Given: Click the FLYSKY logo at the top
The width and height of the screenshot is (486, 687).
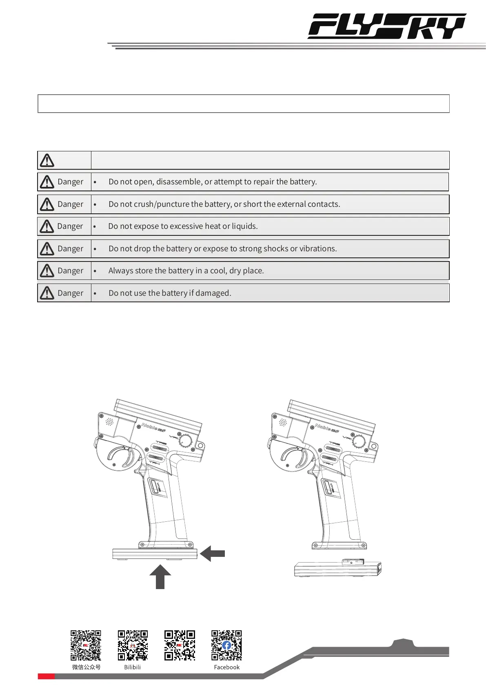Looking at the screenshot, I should coord(387,26).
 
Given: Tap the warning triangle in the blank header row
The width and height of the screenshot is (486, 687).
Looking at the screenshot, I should coord(47,160).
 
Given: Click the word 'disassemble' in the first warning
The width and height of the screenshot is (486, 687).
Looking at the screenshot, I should coord(179,182).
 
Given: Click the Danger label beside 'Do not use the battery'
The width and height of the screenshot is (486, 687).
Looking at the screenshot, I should coord(70,293).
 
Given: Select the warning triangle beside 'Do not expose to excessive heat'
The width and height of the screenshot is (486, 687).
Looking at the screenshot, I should coord(47,226).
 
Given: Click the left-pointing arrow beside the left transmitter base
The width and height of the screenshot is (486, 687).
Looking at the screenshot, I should coord(213,553).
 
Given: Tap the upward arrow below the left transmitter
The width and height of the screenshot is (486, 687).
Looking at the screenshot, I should coord(160,576).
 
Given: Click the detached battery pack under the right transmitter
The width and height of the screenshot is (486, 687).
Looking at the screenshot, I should coord(337,568).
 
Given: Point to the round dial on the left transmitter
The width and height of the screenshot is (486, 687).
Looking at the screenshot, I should coord(186,441).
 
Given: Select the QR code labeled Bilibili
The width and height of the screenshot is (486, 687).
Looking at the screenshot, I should coord(133,645).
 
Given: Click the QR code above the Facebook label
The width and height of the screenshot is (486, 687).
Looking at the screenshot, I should coord(226,645).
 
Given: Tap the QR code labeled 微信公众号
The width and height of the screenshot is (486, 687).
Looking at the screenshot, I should coord(86,645).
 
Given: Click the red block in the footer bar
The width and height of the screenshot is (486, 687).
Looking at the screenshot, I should coord(46,676).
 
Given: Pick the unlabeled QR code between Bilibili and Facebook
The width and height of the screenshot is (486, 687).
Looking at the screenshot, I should coord(180,645).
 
